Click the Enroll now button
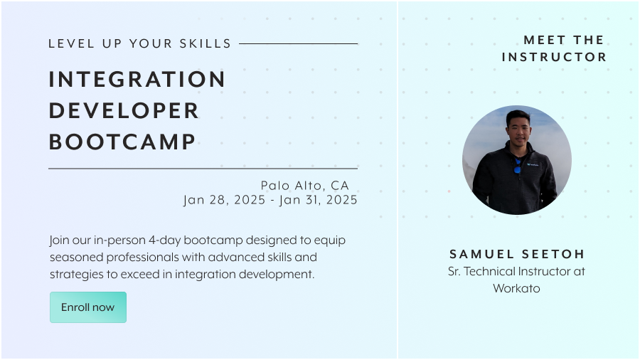pos(88,307)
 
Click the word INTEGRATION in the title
pos(137,79)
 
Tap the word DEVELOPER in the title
pos(124,110)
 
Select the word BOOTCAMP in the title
pos(122,142)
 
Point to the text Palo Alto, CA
pos(305,186)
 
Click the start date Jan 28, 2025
pos(225,200)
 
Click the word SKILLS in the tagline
pos(206,43)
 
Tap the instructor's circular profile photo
pos(517,160)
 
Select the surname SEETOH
pos(553,254)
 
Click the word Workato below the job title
pos(516,289)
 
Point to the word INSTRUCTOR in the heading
pos(554,57)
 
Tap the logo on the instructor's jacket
pos(533,165)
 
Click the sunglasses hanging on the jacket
pos(517,166)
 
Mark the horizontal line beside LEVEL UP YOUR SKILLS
pos(299,43)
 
